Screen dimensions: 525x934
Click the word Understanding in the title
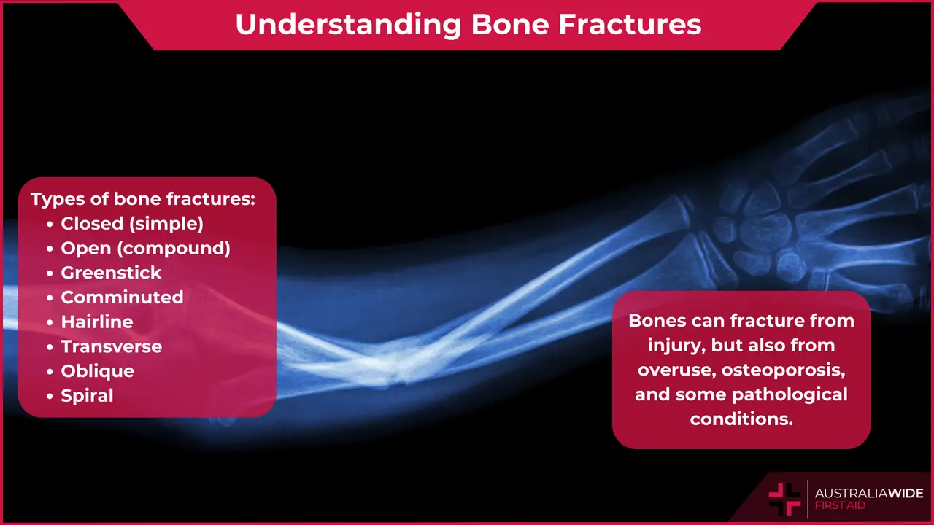pos(347,24)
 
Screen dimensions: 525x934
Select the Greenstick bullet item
pos(111,273)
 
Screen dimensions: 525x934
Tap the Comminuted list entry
pos(122,297)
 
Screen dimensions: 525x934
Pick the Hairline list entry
pos(97,322)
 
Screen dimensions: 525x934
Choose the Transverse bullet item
pos(111,346)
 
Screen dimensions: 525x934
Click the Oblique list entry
pos(97,371)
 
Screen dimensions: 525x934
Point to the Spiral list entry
pos(87,396)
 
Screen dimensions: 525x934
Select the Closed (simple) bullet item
pos(131,223)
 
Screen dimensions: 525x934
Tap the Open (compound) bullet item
pos(145,248)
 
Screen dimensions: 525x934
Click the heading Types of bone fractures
pos(142,199)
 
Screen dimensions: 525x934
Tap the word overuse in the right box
pos(676,370)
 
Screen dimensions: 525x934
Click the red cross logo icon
pos(784,499)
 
